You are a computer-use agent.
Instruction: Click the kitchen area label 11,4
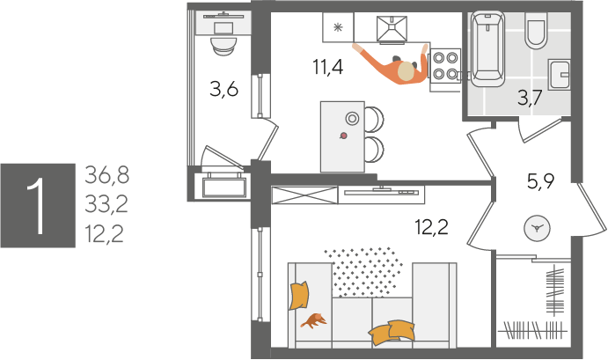coord(328,67)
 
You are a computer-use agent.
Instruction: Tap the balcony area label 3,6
coord(223,89)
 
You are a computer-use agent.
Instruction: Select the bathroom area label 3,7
coord(530,98)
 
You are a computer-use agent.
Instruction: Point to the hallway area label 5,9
coord(541,180)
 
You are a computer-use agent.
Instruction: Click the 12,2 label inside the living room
coord(431,226)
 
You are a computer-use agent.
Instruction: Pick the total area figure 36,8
coord(107,175)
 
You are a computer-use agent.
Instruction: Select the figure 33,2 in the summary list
coord(106,204)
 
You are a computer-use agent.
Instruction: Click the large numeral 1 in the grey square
coord(37,206)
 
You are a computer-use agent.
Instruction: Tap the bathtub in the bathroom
coord(487,49)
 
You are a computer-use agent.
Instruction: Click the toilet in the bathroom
coord(536,28)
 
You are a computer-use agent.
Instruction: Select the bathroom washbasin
coord(559,75)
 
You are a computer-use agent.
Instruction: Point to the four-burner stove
coord(444,65)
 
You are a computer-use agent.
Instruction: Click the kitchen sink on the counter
coord(392,29)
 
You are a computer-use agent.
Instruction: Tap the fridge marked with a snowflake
coord(338,27)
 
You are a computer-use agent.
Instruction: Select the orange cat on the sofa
coord(314,320)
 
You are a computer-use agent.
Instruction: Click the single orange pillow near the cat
coord(299,296)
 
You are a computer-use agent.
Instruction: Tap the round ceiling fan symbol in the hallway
coord(537,229)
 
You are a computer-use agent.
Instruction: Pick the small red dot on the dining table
coord(343,136)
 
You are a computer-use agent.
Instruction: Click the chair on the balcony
coord(223,45)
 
